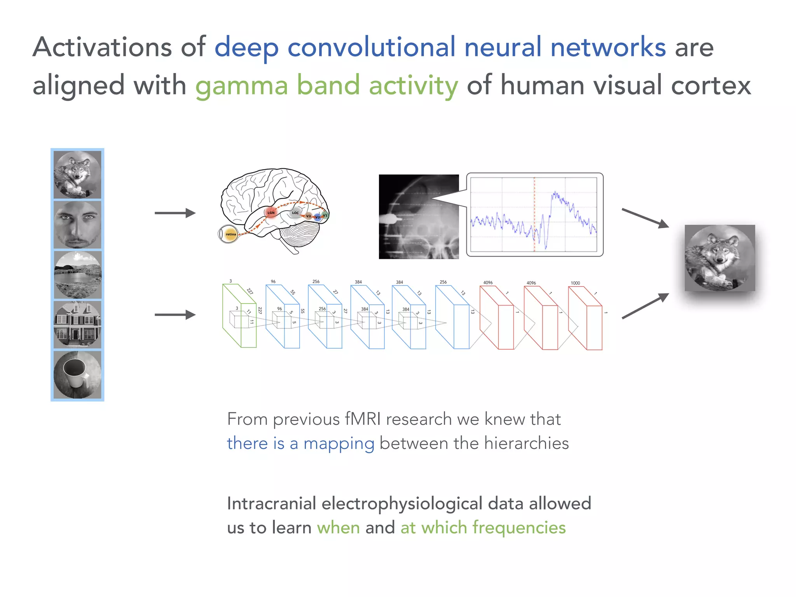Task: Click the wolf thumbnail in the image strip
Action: (77, 175)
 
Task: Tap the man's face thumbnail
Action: (77, 225)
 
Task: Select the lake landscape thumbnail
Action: (77, 275)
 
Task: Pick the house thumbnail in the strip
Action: (77, 325)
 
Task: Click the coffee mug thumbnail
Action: (77, 375)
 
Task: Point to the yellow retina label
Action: (230, 234)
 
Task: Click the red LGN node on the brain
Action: (271, 213)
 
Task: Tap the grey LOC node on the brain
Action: (295, 213)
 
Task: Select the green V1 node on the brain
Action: (325, 215)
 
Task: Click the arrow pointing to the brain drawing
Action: (175, 213)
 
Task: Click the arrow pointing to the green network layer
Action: (175, 315)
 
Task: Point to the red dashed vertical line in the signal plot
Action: (534, 214)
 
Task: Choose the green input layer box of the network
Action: (239, 316)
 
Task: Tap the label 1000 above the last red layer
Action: (575, 283)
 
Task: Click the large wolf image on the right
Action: (720, 258)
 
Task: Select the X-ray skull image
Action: (419, 217)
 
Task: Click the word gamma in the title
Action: (241, 86)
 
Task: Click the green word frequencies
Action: (519, 528)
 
